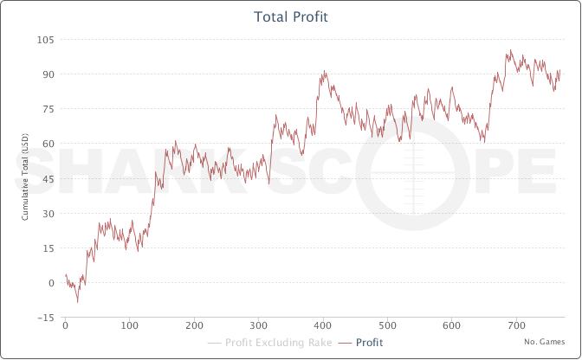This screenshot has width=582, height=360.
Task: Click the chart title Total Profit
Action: tap(291, 17)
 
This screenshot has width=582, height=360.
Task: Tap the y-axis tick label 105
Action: tap(45, 40)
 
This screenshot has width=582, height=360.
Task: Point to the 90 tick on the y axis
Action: tap(47, 74)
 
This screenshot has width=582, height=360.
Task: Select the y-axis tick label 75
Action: tap(47, 109)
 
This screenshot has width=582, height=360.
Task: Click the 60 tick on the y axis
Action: tap(47, 144)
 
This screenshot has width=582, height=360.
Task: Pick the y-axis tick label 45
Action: tap(47, 178)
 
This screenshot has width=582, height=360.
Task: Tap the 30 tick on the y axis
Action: tap(47, 213)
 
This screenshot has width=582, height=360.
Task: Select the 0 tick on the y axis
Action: tap(50, 282)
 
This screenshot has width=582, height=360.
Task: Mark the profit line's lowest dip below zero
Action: tap(77, 302)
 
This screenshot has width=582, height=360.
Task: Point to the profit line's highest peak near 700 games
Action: tap(511, 50)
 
